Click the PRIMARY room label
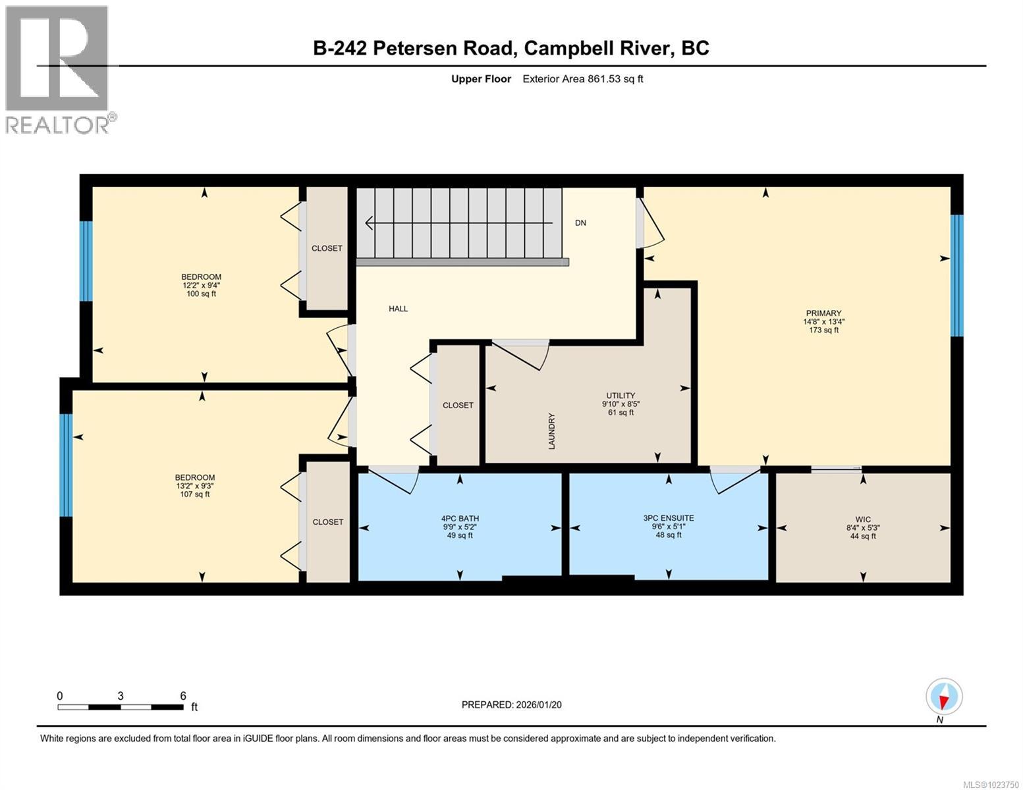tap(823, 313)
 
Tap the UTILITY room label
tap(621, 396)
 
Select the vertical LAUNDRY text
tap(552, 431)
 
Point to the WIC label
tap(863, 519)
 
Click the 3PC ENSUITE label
tap(669, 518)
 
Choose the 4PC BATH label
tap(460, 519)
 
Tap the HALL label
tap(398, 309)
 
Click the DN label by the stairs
tap(580, 223)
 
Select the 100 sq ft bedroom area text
tap(201, 294)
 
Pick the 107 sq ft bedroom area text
tap(194, 494)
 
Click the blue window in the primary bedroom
tap(956, 275)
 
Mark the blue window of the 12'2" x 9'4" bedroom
tap(86, 261)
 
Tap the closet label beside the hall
tap(458, 406)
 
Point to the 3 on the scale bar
tap(121, 696)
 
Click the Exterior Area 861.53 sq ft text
tap(582, 79)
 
